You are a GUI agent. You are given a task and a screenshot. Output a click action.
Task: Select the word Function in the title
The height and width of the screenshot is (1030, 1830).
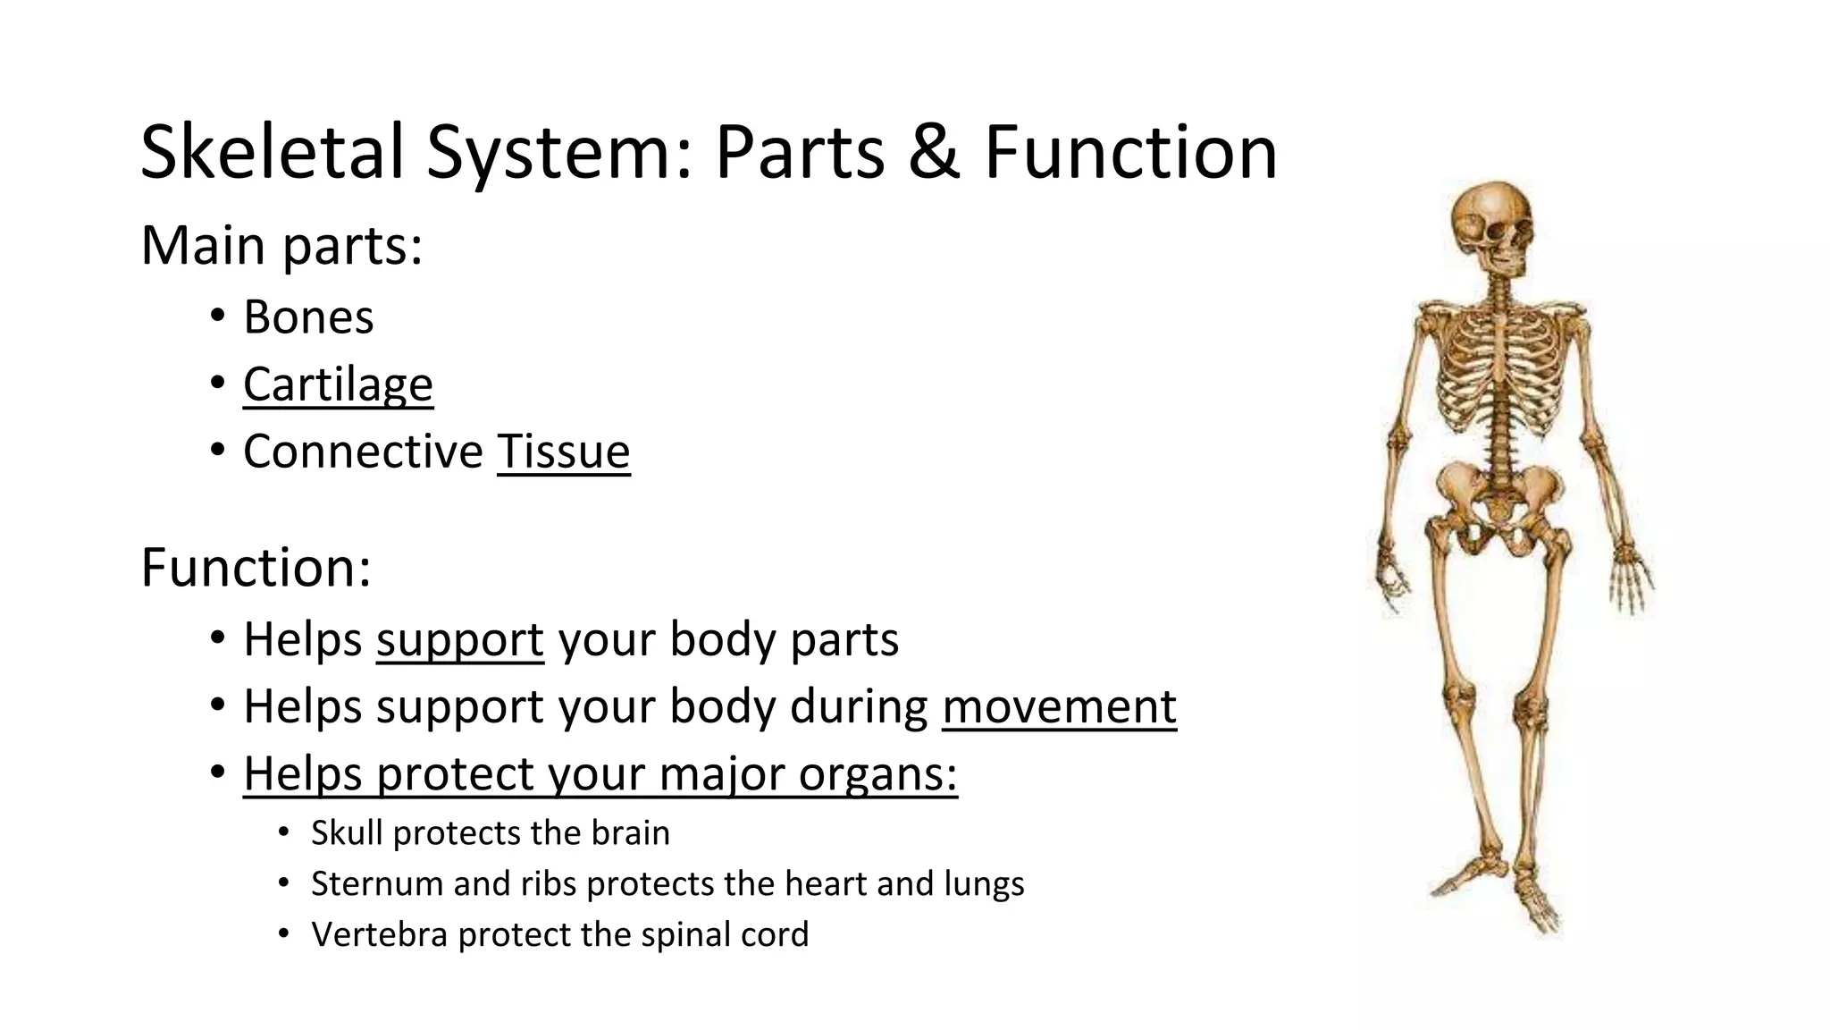point(1130,152)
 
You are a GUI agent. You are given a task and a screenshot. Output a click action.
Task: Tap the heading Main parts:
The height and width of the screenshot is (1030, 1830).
point(281,245)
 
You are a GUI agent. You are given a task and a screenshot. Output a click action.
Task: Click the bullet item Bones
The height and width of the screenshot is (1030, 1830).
point(308,317)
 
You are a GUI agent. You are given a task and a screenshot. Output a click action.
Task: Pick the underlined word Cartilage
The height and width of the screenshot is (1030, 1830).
point(338,384)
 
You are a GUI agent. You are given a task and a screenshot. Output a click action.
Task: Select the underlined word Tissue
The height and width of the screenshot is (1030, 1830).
point(563,451)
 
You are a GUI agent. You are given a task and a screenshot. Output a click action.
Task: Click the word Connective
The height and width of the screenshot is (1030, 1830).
point(363,451)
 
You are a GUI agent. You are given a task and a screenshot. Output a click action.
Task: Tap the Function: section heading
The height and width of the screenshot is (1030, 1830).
point(256,567)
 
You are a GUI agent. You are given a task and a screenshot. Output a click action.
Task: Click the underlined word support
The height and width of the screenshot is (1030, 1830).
point(459,640)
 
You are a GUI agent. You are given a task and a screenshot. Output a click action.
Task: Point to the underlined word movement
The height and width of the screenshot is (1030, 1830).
point(1059,706)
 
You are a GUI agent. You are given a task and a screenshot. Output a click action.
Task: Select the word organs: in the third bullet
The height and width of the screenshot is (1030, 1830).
point(877,774)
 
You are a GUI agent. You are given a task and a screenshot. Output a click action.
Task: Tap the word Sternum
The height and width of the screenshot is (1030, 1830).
point(375,884)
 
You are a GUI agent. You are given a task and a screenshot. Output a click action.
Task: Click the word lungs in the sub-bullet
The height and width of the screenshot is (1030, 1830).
point(983,884)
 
